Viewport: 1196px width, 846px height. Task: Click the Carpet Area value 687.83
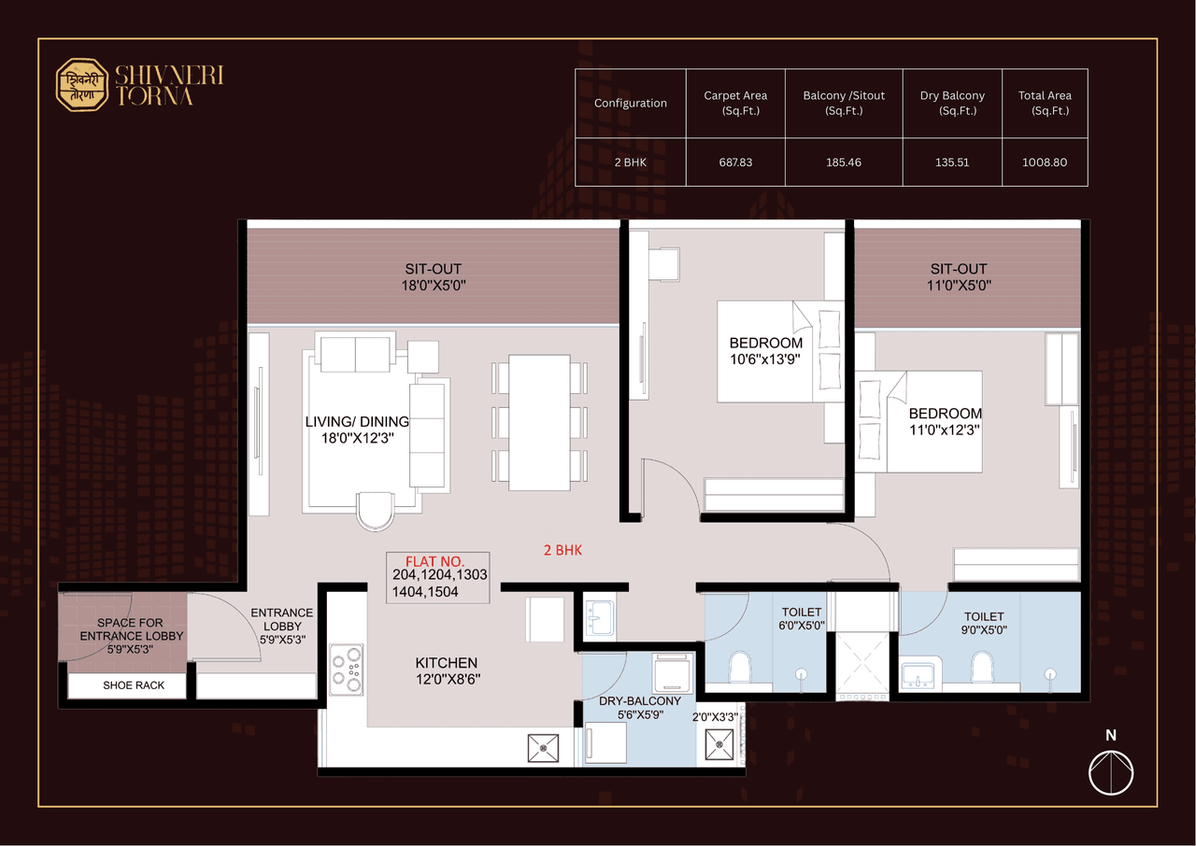(x=734, y=162)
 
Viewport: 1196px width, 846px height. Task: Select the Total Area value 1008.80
(x=1045, y=162)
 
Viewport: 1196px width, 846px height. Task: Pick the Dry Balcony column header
(x=951, y=103)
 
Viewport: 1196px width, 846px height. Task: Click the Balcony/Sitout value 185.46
(x=843, y=162)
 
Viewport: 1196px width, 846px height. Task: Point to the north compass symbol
(x=1111, y=772)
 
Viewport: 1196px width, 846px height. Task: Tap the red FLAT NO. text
(x=434, y=561)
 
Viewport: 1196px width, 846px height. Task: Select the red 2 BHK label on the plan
(x=562, y=550)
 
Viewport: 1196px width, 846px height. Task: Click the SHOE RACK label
(x=134, y=685)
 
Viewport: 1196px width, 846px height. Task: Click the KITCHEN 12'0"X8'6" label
(x=447, y=670)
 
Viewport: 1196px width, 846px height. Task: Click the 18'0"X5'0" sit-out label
(x=434, y=277)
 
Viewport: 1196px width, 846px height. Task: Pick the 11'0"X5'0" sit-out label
(x=959, y=277)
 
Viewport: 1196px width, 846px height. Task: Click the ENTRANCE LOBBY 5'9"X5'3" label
(x=281, y=626)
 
